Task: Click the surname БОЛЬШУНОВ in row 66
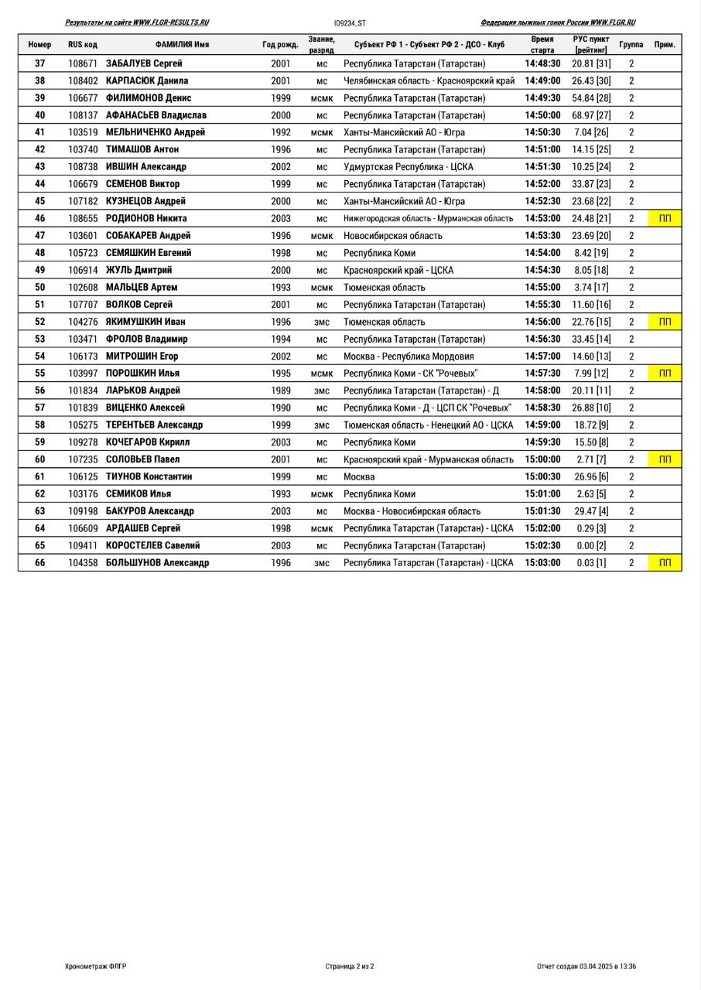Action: coord(133,563)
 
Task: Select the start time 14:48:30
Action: coord(542,63)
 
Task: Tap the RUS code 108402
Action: coord(83,80)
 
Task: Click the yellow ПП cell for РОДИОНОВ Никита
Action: coord(665,218)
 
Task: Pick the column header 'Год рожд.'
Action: coord(280,45)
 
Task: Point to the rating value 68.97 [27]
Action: coord(591,115)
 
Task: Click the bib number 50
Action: coord(40,287)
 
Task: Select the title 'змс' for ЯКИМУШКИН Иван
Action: coord(321,322)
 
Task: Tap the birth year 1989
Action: coord(281,391)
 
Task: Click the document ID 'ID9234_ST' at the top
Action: coord(350,23)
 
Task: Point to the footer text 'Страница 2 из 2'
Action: coord(350,966)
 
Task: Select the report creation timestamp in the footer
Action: coord(586,966)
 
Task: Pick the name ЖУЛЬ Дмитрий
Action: coord(139,270)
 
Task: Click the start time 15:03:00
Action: coord(542,563)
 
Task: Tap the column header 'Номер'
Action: coord(39,45)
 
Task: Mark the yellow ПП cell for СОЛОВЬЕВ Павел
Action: coord(665,459)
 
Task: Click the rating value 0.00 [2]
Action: coord(591,545)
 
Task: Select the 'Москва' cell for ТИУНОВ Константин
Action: coord(359,476)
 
